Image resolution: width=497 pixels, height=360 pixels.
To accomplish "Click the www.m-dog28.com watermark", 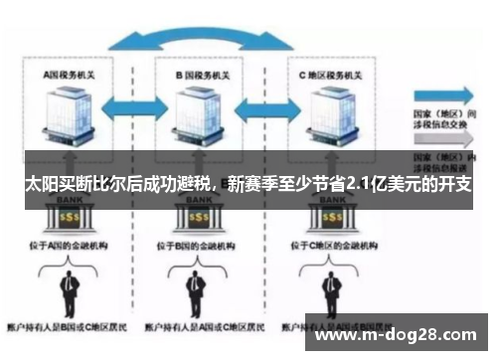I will click(x=397, y=332).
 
